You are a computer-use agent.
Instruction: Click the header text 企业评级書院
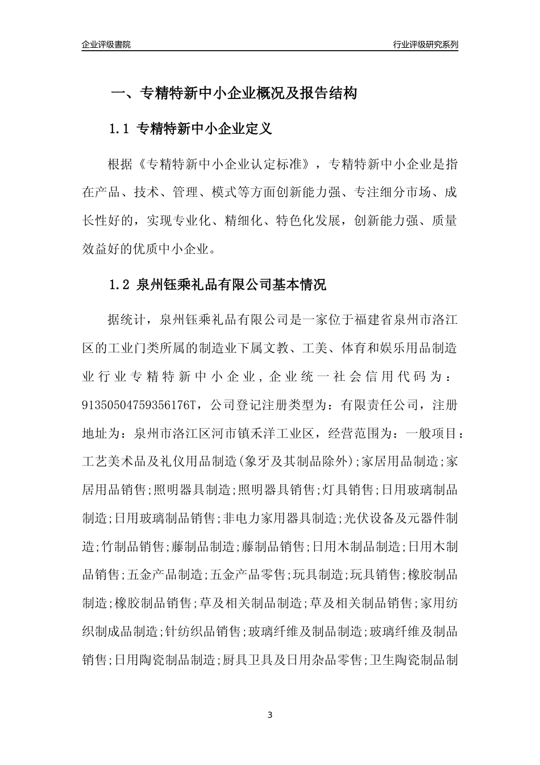point(106,44)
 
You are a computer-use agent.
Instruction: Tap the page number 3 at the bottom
point(270,715)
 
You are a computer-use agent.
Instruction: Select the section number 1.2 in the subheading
point(120,285)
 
